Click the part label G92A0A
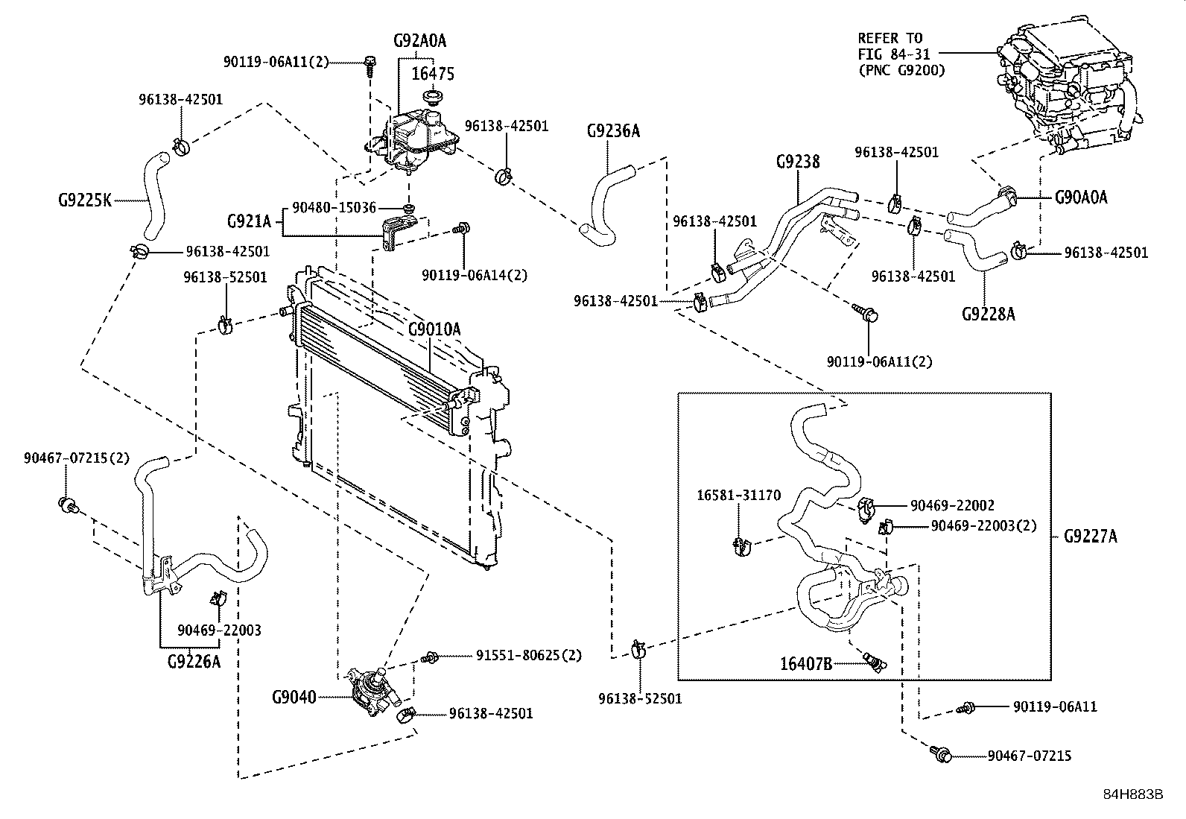(419, 41)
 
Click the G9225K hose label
(84, 200)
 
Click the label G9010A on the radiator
(434, 329)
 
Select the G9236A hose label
(612, 131)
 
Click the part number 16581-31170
(738, 495)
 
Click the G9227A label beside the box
(1090, 536)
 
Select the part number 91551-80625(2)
(528, 656)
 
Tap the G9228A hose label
(988, 313)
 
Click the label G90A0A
(1081, 197)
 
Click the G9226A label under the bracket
(194, 660)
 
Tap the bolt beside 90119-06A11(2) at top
(370, 66)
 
